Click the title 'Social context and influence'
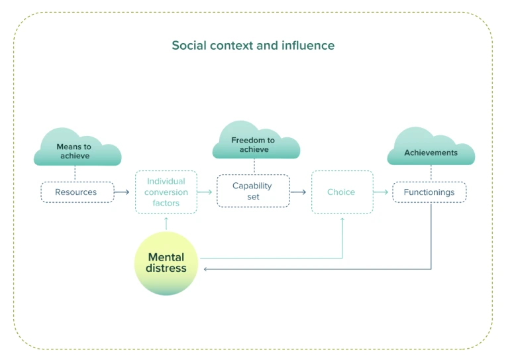[253, 46]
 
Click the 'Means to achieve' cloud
[77, 150]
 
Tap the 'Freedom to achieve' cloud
[255, 143]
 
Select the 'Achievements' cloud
[431, 150]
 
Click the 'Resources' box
[76, 192]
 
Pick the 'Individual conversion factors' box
[166, 192]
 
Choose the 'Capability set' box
[253, 192]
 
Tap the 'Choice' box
[342, 192]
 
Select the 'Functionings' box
[429, 192]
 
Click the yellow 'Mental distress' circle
[166, 263]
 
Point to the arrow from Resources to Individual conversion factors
[122, 192]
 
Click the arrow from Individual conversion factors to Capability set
[205, 192]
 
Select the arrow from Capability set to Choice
[299, 192]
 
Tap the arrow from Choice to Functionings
[381, 192]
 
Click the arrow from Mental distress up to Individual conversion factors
[166, 223]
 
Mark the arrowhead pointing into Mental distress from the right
[205, 269]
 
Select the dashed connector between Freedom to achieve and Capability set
[254, 166]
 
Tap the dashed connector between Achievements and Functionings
[431, 174]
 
